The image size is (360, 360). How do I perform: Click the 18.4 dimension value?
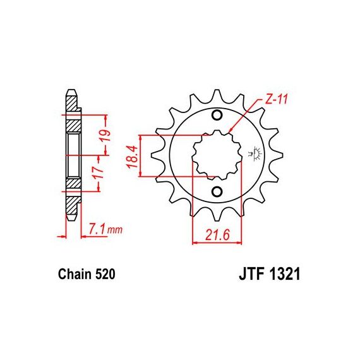coord(133,157)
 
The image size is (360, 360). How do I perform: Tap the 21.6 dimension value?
coord(217,235)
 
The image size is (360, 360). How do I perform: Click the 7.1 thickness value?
coord(97,229)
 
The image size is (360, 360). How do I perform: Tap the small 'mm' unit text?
coord(115,230)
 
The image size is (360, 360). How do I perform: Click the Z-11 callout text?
coord(276,99)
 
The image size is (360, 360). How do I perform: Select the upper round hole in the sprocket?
coord(217,115)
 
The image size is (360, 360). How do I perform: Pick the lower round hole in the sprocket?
coord(217,191)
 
